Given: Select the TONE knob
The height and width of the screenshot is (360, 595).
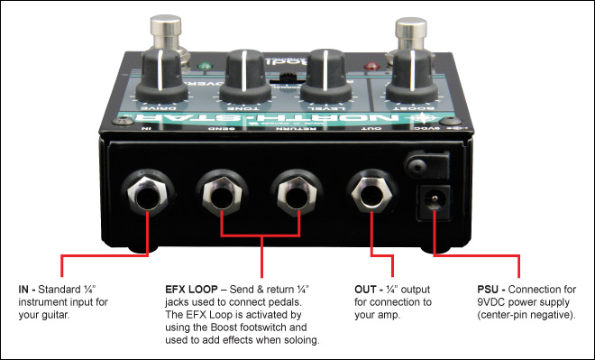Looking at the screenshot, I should [245, 71].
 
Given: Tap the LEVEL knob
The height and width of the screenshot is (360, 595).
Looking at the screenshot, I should [325, 71].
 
